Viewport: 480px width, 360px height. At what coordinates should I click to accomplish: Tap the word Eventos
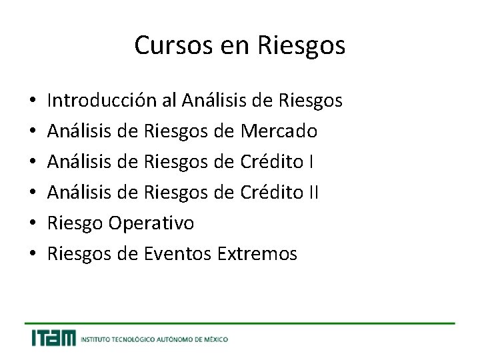(179, 254)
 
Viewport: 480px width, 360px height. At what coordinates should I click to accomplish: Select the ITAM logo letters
(53, 338)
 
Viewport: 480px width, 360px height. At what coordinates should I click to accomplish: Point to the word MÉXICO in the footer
(215, 339)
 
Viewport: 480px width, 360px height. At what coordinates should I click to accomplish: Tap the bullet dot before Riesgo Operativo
(33, 224)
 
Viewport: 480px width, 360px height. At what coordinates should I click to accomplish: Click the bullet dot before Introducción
(33, 101)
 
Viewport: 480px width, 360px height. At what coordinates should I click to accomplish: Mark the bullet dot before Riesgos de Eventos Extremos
(33, 255)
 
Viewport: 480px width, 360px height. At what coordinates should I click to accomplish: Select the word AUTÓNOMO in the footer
(175, 339)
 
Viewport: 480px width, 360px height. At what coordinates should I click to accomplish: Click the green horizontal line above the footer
(240, 323)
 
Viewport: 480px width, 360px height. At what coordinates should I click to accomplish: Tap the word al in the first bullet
(169, 101)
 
